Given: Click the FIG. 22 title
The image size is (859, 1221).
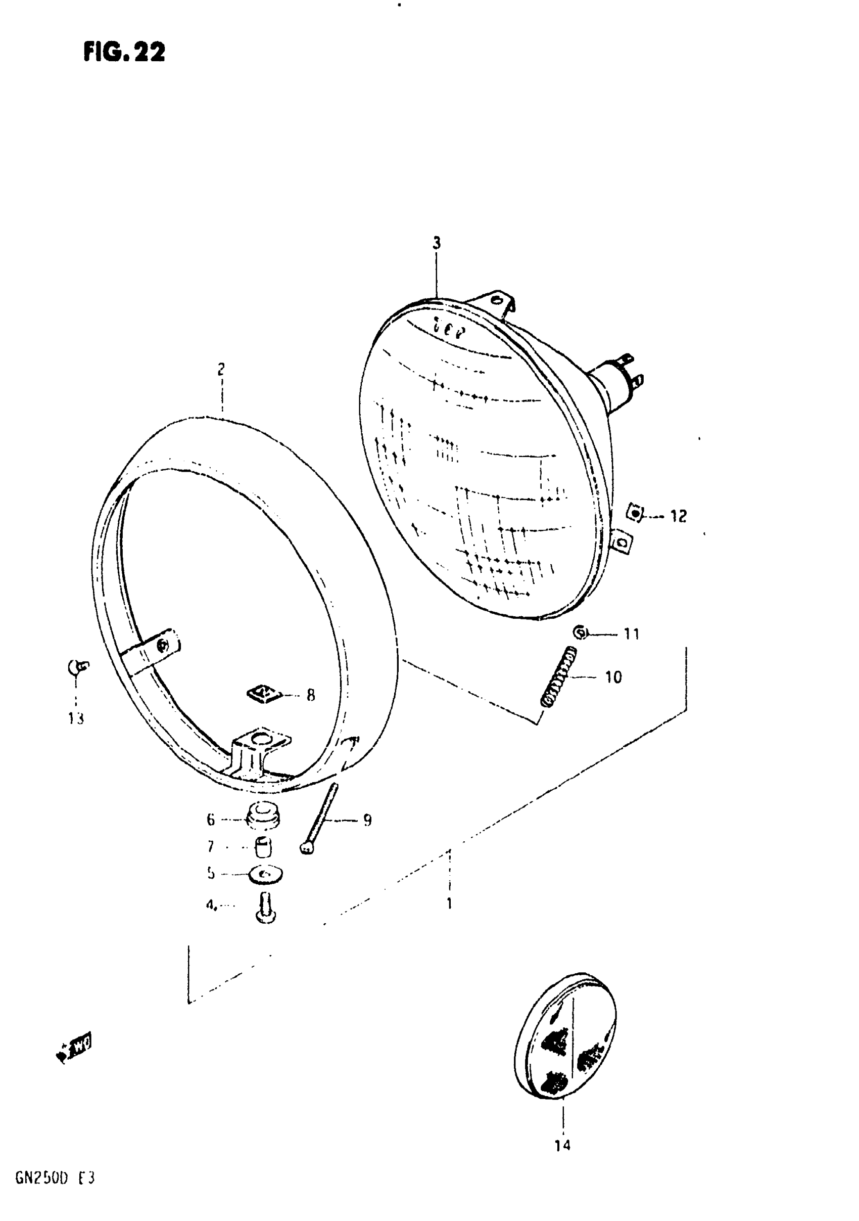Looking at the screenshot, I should (124, 52).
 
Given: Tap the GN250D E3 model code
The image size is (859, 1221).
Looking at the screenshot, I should (55, 1178).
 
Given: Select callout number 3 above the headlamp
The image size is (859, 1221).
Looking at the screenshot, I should (437, 244).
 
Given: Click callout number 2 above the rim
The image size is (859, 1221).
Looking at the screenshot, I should (221, 369).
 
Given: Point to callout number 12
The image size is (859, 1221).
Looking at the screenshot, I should (678, 516).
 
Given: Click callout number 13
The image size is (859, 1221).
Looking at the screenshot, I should (76, 719).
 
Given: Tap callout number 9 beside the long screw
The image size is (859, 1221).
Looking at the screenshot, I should (367, 820).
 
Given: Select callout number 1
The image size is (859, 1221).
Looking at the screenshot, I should (449, 903).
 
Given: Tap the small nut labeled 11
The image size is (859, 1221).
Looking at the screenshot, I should (581, 632).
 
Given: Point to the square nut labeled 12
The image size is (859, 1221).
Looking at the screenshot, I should (635, 514).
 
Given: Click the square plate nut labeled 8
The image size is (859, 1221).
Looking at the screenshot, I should (264, 693).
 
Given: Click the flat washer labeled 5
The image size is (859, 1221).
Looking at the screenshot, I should (265, 874).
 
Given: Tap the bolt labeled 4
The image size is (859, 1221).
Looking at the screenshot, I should (266, 908).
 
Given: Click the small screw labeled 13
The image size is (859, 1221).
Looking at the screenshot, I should (78, 667).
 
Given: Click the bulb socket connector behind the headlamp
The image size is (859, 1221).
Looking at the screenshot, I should (619, 377).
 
